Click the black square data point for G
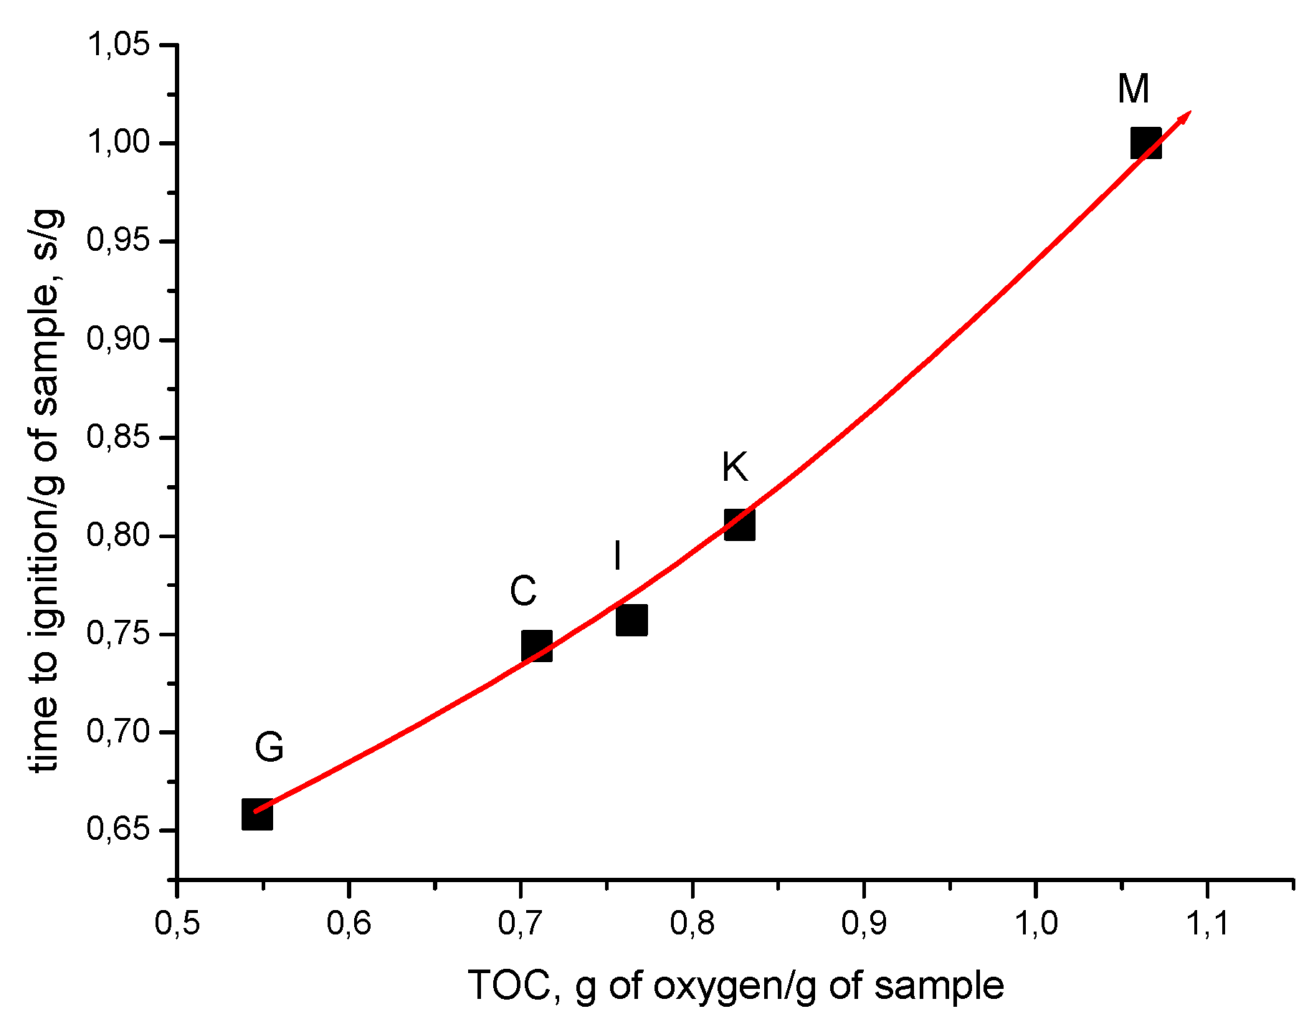(257, 815)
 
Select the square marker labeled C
(537, 646)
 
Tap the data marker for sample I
(632, 620)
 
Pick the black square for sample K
(739, 525)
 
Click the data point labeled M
(1146, 143)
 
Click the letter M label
(1133, 90)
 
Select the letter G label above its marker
(269, 747)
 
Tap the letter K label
(735, 467)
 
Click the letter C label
(523, 591)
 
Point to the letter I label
(617, 556)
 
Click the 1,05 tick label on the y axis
(118, 45)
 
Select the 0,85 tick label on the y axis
(118, 437)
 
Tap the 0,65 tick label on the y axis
(118, 830)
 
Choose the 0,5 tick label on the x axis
(176, 924)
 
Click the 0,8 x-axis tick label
(692, 924)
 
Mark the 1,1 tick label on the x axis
(1208, 924)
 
